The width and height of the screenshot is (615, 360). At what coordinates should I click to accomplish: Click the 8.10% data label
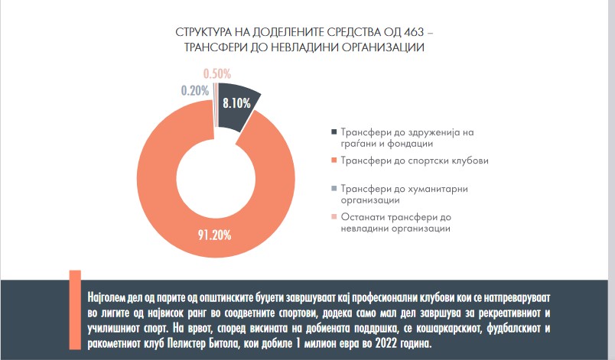tap(236, 102)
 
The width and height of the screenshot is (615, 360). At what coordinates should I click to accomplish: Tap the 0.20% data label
tap(196, 89)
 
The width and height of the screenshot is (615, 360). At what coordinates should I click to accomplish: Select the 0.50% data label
tap(219, 73)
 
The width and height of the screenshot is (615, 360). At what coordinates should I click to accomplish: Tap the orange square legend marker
tap(332, 161)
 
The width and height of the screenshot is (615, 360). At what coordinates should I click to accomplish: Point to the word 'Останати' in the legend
tap(364, 217)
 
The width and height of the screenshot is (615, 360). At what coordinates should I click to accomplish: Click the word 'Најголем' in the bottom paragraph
tap(112, 294)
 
